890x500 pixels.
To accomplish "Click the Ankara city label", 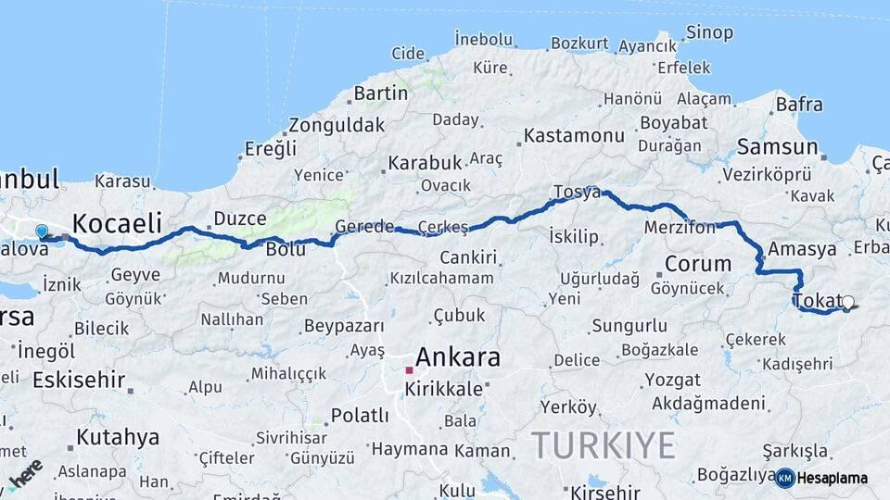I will (458, 357).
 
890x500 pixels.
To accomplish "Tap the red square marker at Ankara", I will (409, 370).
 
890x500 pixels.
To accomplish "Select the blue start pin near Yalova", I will (41, 231).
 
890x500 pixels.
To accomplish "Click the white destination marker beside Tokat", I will (847, 302).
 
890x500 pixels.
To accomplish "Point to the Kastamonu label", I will (574, 136).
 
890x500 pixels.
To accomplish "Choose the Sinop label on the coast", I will (709, 32).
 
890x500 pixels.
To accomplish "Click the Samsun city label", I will (777, 147).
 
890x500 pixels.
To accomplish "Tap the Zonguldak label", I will (337, 125).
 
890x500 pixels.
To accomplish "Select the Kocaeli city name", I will (117, 223).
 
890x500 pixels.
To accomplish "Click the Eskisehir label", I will (79, 380).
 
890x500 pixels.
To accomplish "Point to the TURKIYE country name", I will (604, 446).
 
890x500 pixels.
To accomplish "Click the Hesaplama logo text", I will (833, 478).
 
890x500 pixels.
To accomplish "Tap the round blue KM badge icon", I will (784, 478).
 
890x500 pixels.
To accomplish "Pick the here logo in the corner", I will (24, 473).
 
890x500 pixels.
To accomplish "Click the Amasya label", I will (802, 249).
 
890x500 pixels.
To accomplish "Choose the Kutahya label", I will (118, 437).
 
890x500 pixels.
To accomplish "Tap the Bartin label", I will (380, 94).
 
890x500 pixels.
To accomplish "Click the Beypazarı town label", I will (344, 327).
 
